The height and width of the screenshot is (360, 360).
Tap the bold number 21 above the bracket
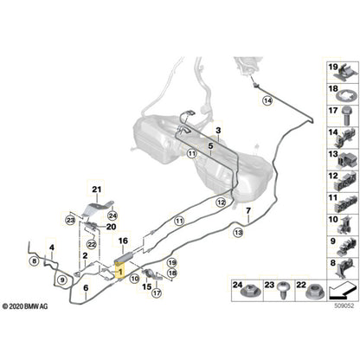tap(97, 189)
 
